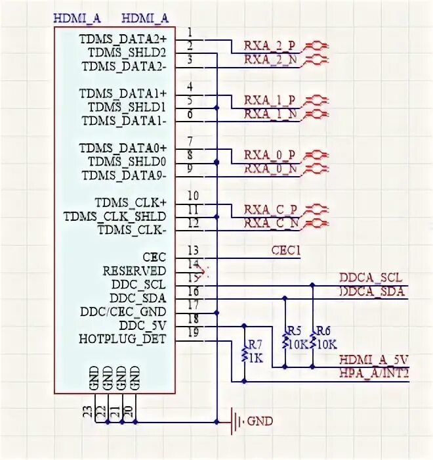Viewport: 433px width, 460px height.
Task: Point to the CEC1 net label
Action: click(285, 250)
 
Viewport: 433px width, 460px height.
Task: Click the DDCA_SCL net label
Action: click(371, 278)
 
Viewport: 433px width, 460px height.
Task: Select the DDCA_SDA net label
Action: click(371, 291)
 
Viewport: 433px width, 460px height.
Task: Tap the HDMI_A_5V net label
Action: click(374, 359)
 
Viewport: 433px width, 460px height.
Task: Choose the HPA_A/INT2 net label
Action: click(374, 373)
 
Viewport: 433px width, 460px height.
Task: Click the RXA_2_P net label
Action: click(270, 45)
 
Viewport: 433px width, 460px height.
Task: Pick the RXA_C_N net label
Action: click(270, 223)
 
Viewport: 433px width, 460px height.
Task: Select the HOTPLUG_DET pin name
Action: click(123, 339)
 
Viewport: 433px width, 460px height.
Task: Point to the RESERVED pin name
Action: click(134, 271)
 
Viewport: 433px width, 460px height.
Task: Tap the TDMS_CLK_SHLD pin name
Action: click(115, 216)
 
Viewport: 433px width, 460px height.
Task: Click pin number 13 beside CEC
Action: click(193, 250)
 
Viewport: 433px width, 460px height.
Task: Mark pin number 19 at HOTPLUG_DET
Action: click(193, 333)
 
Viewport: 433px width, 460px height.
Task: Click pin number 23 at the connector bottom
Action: click(87, 411)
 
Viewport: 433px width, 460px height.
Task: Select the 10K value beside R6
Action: click(326, 344)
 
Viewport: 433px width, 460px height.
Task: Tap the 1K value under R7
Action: click(255, 358)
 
